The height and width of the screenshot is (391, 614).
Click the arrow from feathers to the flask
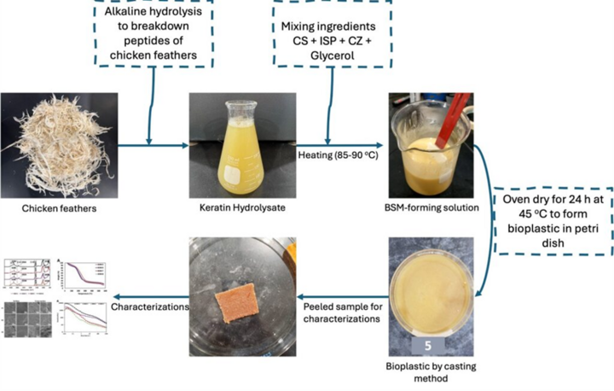(145, 144)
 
